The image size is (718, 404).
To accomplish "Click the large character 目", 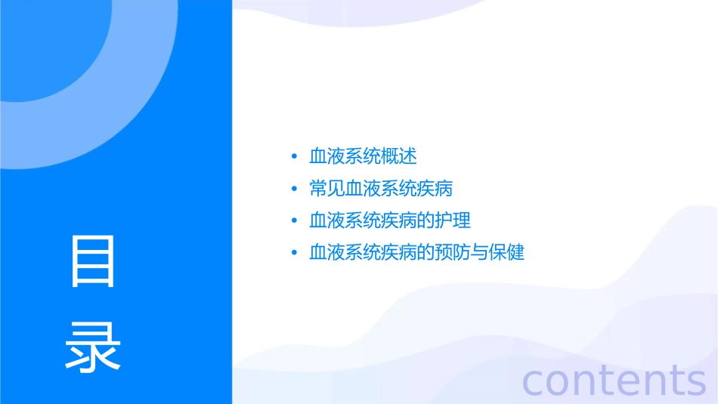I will tap(93, 261).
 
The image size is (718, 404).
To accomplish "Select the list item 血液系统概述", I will tap(363, 156).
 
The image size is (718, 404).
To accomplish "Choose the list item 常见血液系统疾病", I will tap(381, 188).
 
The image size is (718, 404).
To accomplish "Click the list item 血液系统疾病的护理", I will tap(390, 220).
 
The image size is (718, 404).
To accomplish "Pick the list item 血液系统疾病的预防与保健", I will tap(416, 251).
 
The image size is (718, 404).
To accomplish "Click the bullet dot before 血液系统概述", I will tap(294, 157).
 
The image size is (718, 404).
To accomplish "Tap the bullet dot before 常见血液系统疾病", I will tap(294, 189).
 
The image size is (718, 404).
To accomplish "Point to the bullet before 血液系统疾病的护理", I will tap(294, 221).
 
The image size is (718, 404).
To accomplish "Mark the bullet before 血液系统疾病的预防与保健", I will tap(294, 252).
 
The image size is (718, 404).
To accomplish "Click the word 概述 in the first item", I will tap(399, 156).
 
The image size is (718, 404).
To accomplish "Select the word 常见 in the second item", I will tap(327, 188).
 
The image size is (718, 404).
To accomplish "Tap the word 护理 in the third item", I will tap(453, 220).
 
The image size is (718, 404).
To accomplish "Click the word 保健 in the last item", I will tap(506, 251).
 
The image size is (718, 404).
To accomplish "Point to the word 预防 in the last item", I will tap(453, 251).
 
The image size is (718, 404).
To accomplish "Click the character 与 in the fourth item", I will tap(479, 251).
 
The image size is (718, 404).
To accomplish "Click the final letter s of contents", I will tap(695, 382).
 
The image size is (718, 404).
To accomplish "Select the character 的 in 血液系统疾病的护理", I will tap(426, 220).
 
